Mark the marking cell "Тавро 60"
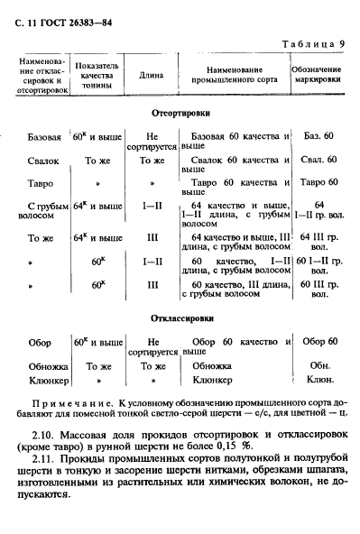tap(318, 184)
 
